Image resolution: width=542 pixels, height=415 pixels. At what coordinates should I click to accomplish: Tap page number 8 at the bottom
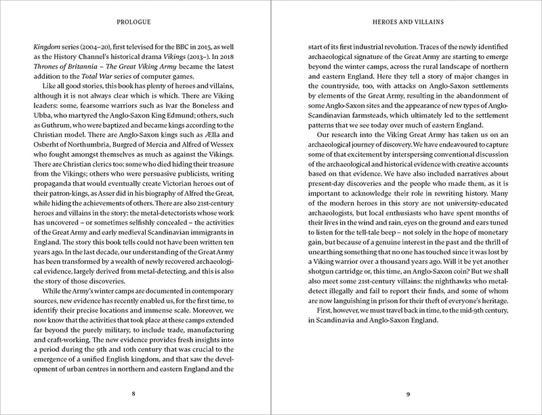coord(134,393)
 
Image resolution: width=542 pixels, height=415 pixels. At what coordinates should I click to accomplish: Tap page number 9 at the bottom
coord(407,393)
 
